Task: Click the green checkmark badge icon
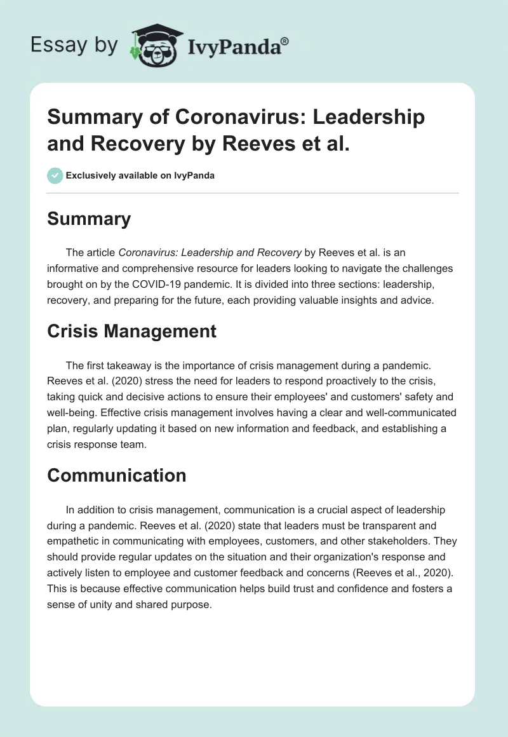55,175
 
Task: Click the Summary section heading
89,219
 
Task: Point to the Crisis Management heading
131,330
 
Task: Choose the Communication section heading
117,475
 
